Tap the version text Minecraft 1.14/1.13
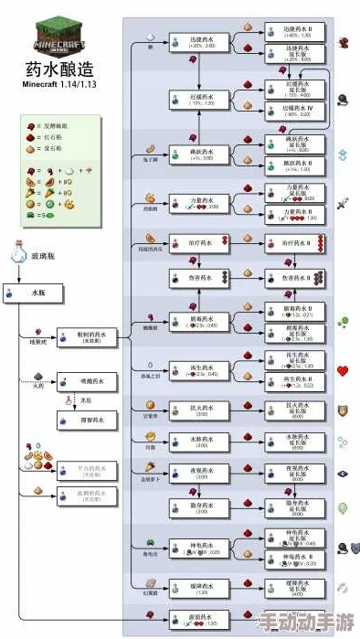pyautogui.click(x=58, y=85)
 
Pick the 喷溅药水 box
pyautogui.click(x=88, y=381)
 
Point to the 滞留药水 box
pyautogui.click(x=88, y=421)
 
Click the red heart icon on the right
pyautogui.click(x=344, y=371)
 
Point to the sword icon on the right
pyautogui.click(x=344, y=203)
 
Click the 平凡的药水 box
pyautogui.click(x=88, y=470)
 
